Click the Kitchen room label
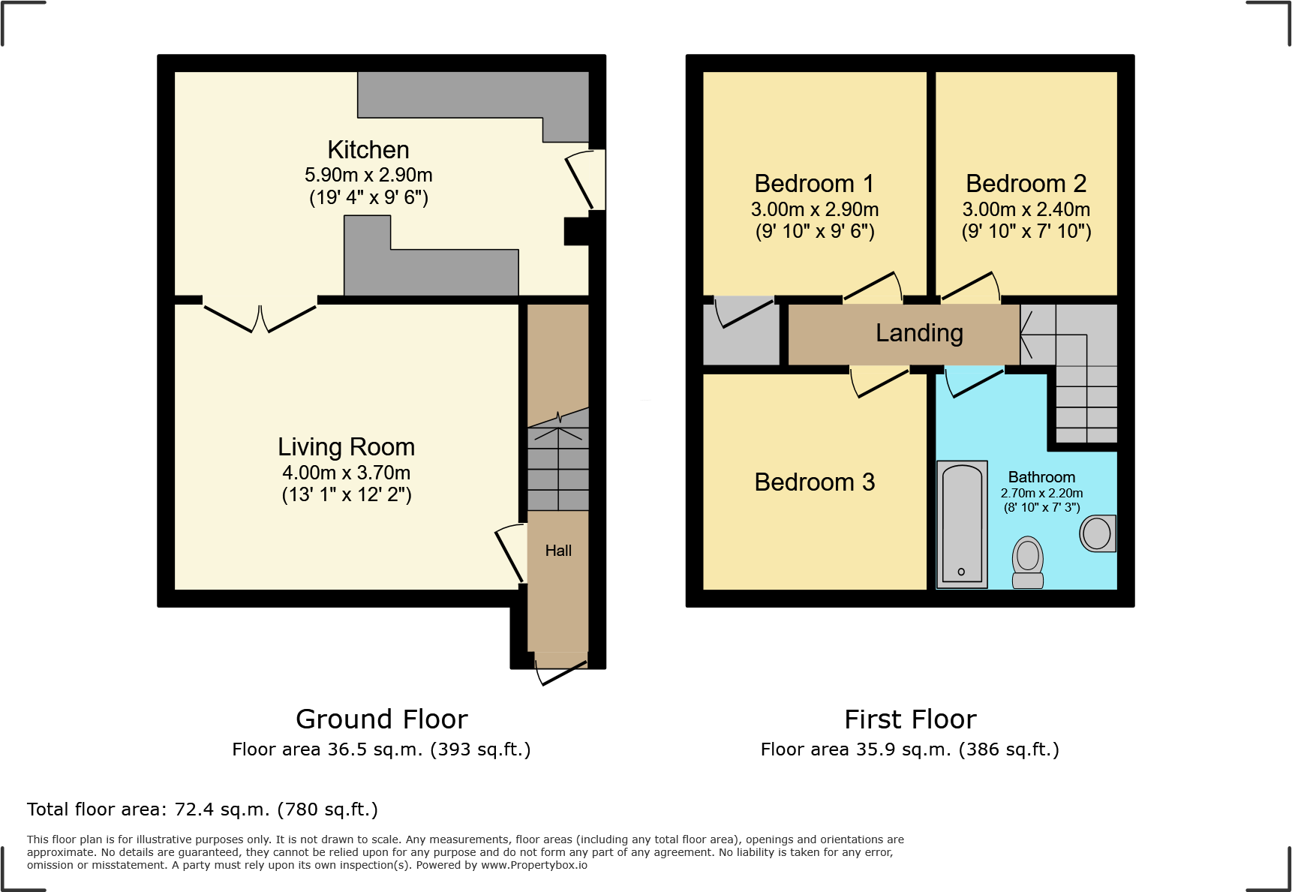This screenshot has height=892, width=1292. click(x=368, y=150)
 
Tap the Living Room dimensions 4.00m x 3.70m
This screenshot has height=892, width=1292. click(x=346, y=473)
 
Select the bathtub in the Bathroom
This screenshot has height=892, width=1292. click(x=962, y=524)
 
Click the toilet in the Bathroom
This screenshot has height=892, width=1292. click(x=1028, y=563)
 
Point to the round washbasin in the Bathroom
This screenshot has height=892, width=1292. click(x=1097, y=533)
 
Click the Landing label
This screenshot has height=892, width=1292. click(x=919, y=333)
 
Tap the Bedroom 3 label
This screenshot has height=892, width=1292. click(x=814, y=482)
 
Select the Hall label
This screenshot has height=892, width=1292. click(x=558, y=551)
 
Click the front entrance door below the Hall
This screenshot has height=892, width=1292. click(x=561, y=669)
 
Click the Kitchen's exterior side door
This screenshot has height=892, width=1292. click(x=585, y=180)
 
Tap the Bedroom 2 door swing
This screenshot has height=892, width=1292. click(x=972, y=287)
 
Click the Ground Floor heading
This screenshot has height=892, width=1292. click(x=381, y=719)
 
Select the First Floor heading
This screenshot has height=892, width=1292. click(x=910, y=719)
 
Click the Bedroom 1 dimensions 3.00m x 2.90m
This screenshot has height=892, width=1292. click(x=814, y=209)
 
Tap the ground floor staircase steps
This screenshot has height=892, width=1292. click(x=558, y=469)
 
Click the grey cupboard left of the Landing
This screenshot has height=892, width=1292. click(x=741, y=334)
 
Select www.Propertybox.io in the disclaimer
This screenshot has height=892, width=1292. click(x=533, y=865)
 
